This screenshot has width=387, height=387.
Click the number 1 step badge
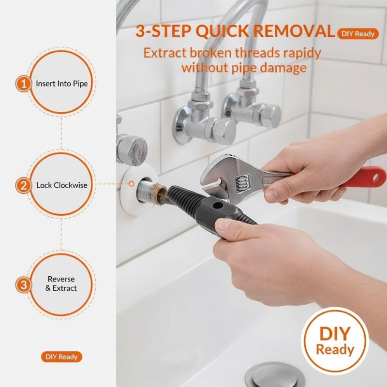point(23,84)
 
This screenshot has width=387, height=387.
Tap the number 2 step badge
point(23,186)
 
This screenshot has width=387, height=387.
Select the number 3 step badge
point(23,285)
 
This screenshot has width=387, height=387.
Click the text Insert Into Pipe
point(62,84)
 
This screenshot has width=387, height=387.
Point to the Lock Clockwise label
point(62,185)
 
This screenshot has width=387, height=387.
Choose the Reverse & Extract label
point(61,283)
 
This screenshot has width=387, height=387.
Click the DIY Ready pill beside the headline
point(358,34)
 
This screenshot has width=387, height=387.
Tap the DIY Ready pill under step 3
point(61,357)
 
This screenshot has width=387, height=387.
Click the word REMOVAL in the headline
point(294,31)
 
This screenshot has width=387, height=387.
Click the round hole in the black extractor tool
point(217,205)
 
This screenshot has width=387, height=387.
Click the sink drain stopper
point(275,375)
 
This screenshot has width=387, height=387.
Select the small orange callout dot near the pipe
point(132,184)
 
